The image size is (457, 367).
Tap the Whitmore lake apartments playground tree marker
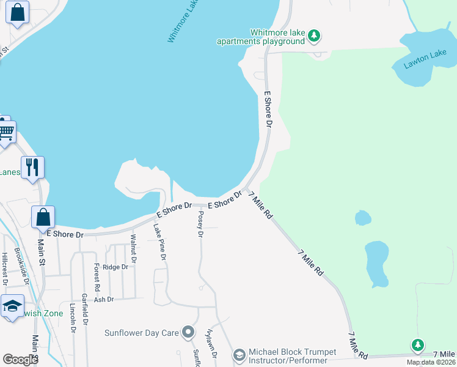314,37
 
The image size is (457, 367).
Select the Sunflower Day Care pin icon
188,333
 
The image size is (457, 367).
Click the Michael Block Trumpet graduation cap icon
239,355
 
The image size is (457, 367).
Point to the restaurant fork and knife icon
32,166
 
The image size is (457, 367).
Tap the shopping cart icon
6,131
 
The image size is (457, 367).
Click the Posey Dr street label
200,224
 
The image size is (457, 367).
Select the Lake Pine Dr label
159,241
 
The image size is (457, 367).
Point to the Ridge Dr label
115,267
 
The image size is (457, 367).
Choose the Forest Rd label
97,277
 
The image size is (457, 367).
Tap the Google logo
21,360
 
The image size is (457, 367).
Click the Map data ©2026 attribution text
431,362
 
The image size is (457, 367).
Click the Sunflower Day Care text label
141,333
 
